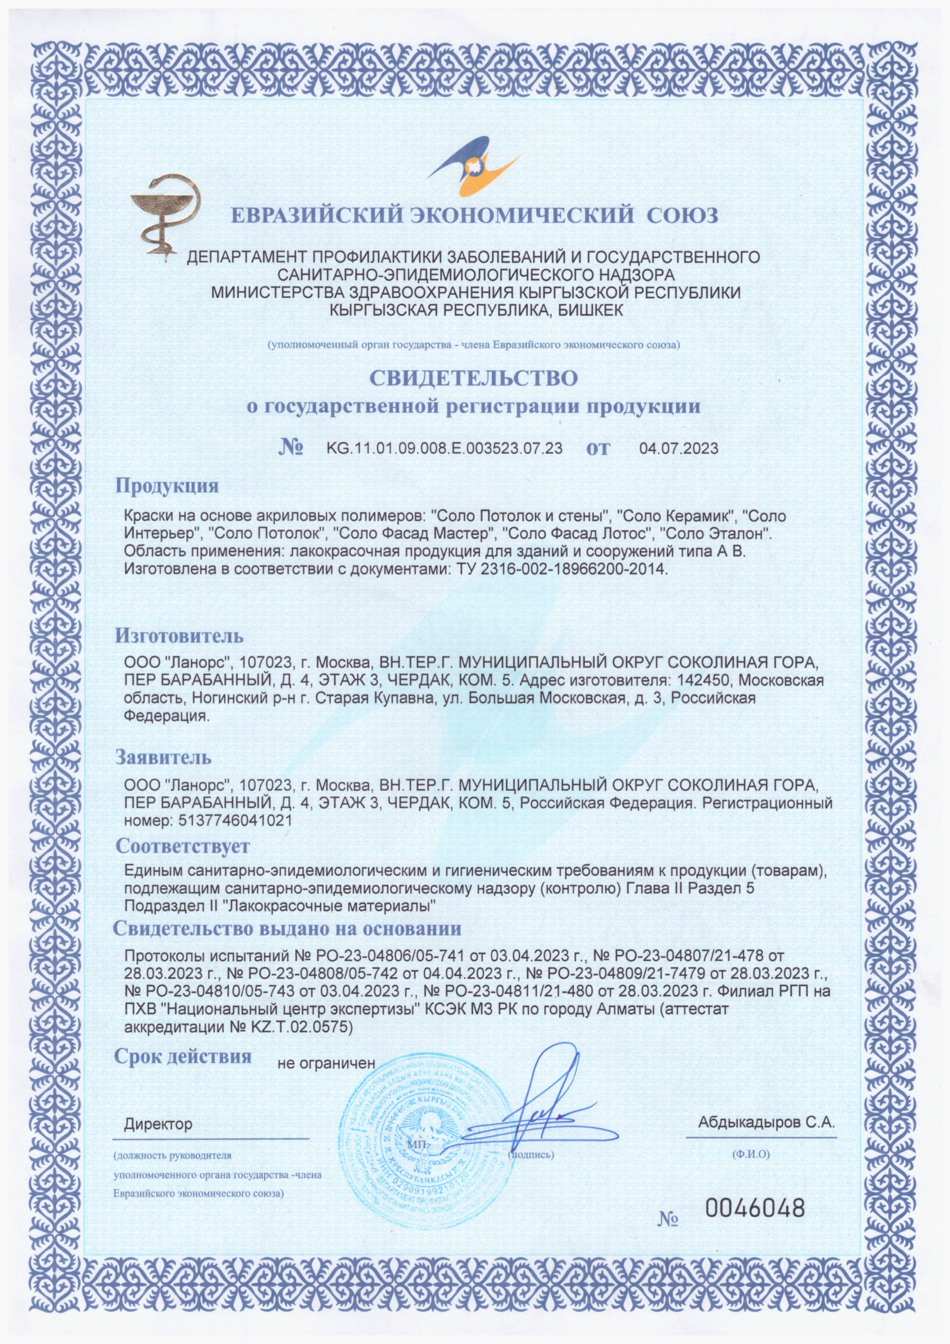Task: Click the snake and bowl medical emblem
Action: (x=166, y=215)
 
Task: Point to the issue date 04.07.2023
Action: (x=679, y=449)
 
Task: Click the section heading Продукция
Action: (x=167, y=486)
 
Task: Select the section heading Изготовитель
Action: (x=179, y=636)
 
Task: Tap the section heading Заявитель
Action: (x=163, y=758)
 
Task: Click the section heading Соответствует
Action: (x=183, y=846)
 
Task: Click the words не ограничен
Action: (x=325, y=1063)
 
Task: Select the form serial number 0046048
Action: (x=755, y=1206)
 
